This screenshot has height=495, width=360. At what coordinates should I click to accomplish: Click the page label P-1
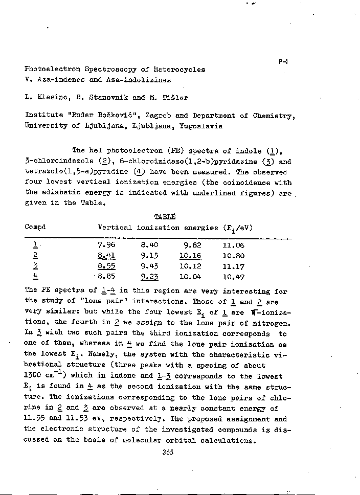(x=284, y=62)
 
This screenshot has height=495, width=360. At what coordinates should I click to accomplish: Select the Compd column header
(x=35, y=227)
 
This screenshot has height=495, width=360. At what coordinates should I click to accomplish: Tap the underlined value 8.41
(x=106, y=256)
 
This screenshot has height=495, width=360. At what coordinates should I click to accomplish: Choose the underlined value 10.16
(x=191, y=256)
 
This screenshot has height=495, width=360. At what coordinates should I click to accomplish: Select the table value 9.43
(x=149, y=266)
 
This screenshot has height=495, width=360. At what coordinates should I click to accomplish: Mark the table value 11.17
(x=233, y=266)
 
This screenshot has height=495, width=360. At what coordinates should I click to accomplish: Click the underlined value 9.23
(x=149, y=277)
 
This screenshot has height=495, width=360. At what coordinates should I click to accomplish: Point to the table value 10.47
(x=233, y=277)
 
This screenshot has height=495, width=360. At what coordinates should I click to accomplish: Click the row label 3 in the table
(x=35, y=266)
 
